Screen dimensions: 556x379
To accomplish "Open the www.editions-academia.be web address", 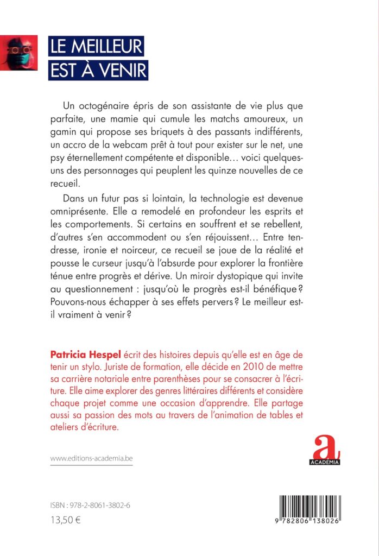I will point(91,459).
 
